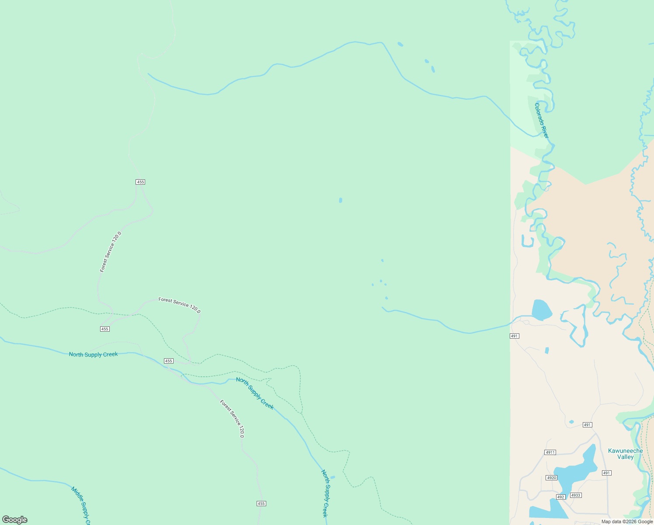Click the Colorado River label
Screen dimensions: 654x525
point(541,120)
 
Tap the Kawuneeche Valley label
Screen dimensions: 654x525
point(625,454)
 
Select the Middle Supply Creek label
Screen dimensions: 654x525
point(81,505)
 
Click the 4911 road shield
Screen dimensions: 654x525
point(550,452)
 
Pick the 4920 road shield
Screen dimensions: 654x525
point(551,478)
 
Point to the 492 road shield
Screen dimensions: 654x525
point(561,497)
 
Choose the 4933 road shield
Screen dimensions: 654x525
point(576,495)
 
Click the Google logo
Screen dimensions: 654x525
point(15,520)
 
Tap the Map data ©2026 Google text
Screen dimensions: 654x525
point(627,521)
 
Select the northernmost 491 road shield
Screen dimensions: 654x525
point(514,336)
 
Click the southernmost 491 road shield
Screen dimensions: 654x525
point(606,473)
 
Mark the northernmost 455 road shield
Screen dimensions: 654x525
point(140,182)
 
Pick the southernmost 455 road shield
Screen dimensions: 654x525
point(261,504)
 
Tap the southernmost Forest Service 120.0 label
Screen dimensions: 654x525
point(232,419)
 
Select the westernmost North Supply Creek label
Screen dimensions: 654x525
point(93,354)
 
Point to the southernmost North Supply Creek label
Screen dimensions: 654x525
point(325,493)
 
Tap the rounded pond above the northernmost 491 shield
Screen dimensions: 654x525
point(542,309)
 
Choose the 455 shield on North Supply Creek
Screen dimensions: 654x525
point(169,361)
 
